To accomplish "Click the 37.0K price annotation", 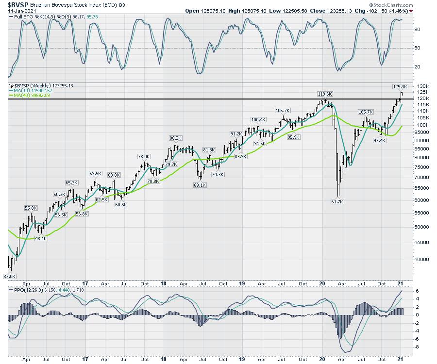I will [x=10, y=276].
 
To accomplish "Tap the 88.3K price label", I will [x=175, y=138].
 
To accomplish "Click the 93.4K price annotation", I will [x=379, y=140].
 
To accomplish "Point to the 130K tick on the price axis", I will [x=423, y=86].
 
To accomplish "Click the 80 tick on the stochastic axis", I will [x=417, y=30].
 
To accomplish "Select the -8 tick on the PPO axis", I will [x=417, y=347].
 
